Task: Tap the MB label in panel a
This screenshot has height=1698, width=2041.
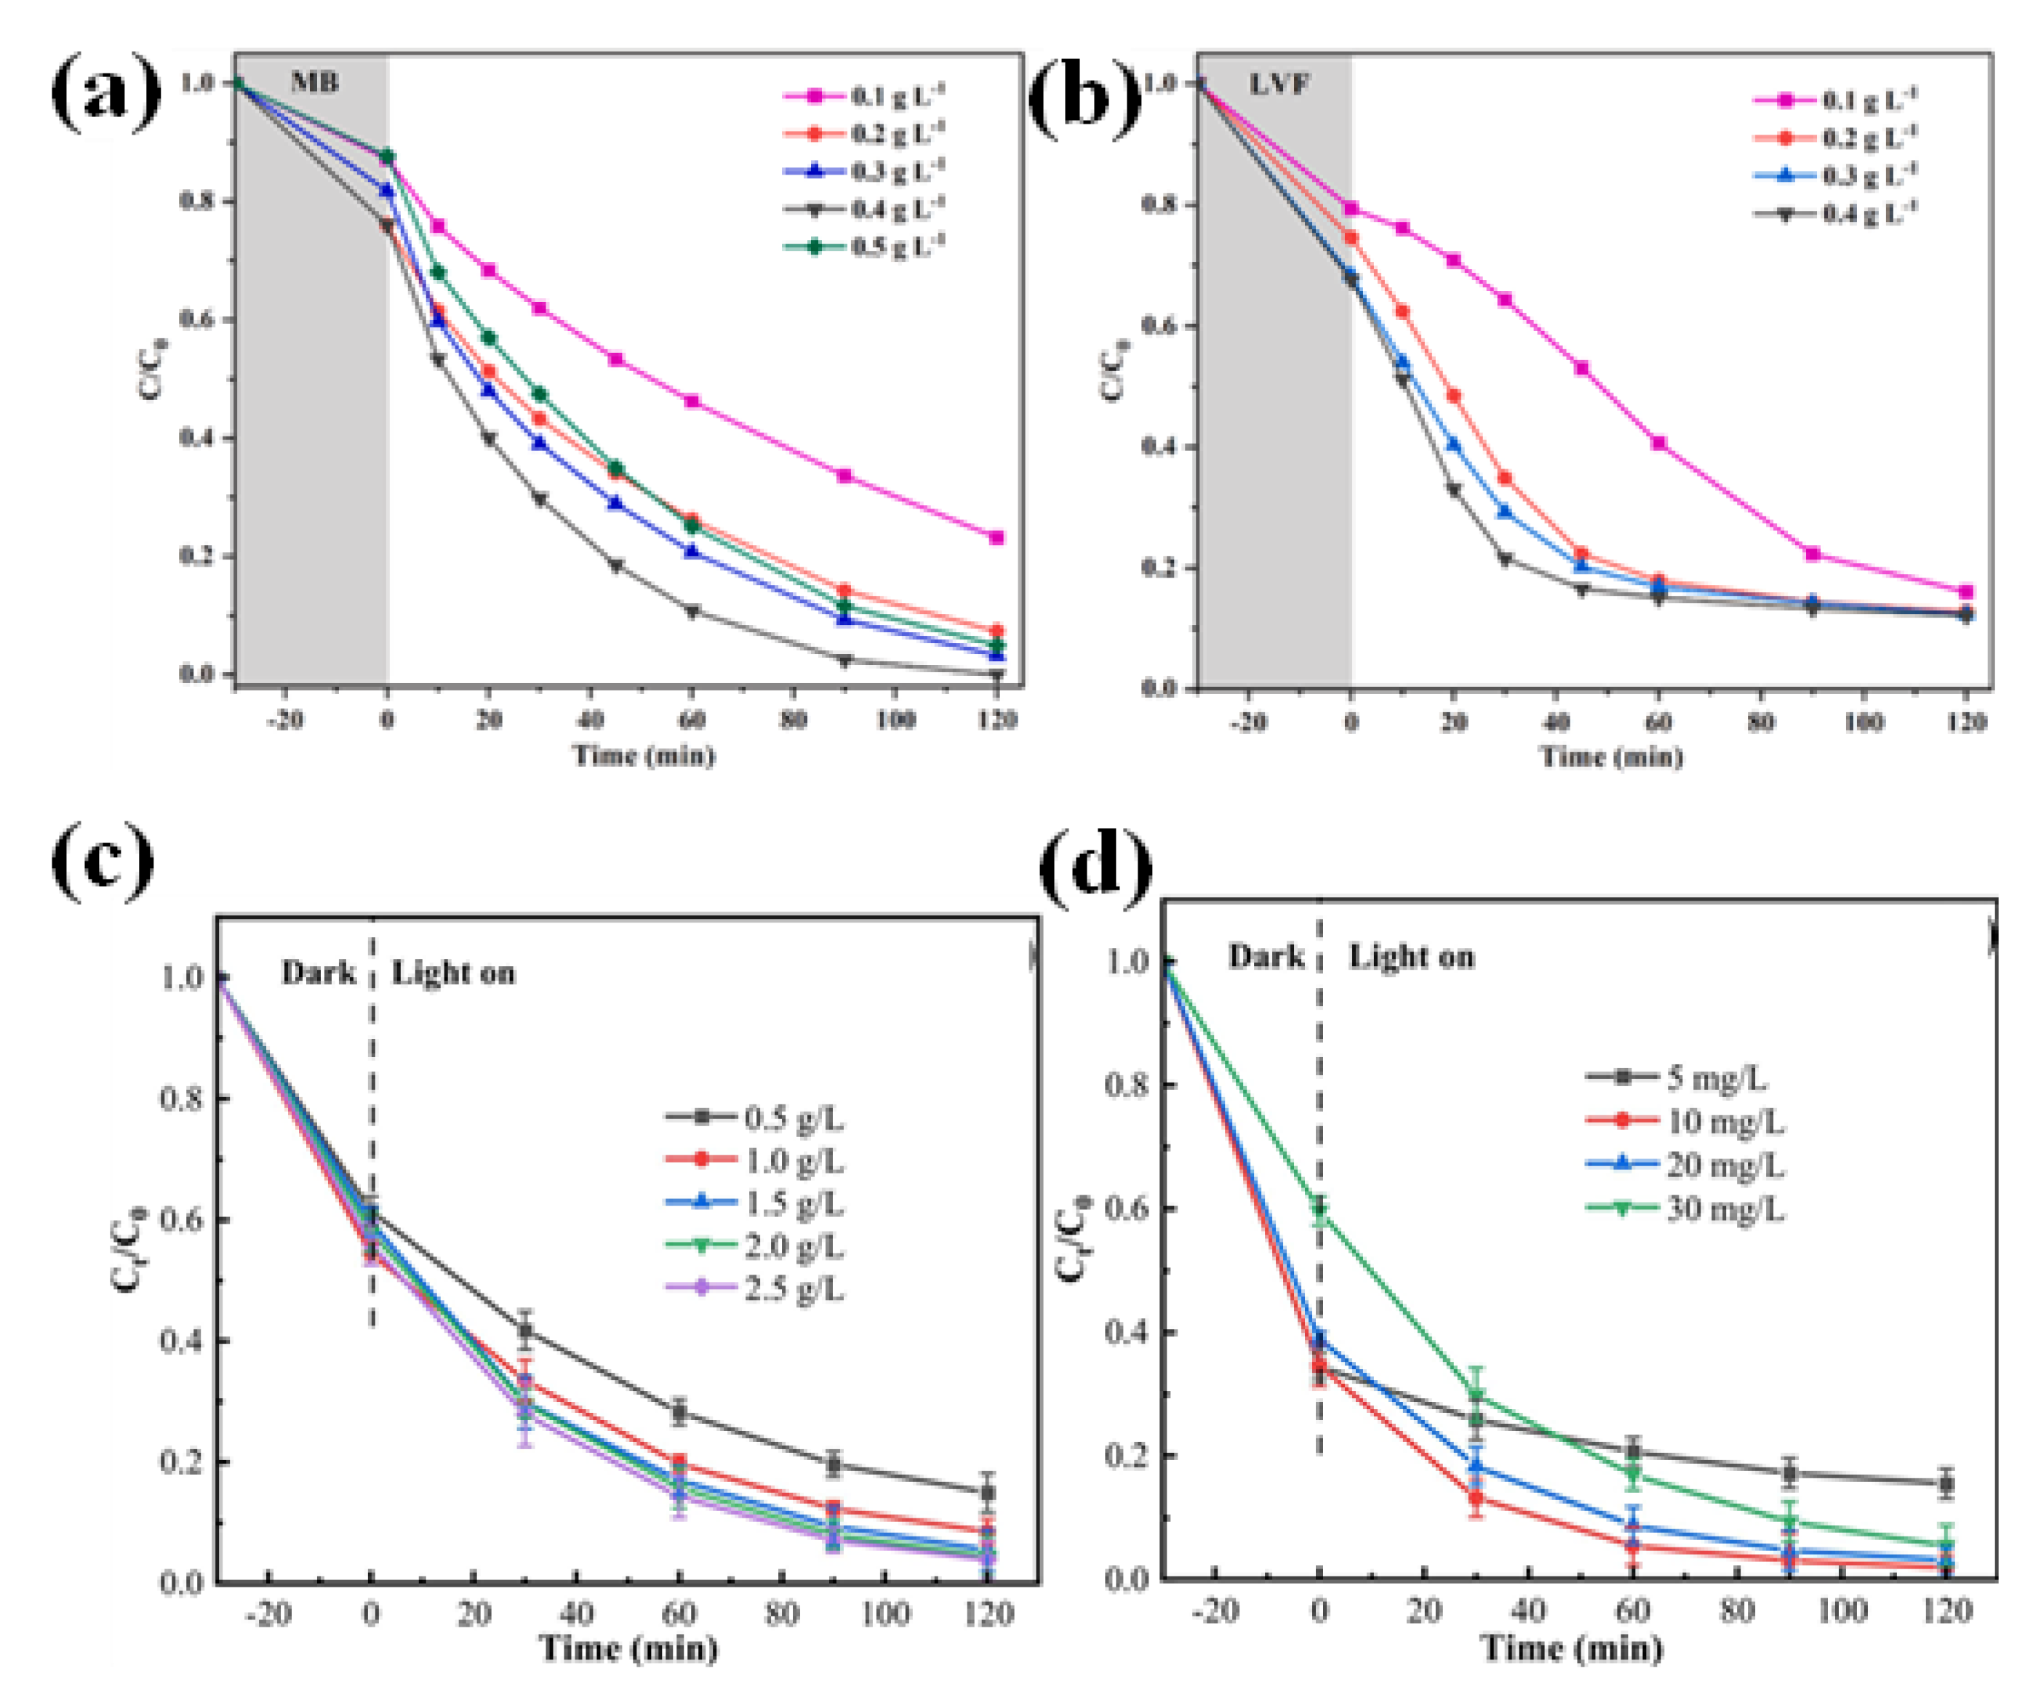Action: pos(315,83)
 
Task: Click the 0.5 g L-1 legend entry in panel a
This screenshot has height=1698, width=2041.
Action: pos(865,247)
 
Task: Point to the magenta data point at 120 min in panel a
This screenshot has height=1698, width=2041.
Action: pos(996,538)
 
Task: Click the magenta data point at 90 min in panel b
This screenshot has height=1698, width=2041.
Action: pos(1813,554)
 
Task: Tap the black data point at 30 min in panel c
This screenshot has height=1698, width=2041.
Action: pos(525,1331)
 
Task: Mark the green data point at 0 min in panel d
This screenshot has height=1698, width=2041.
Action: pos(1319,1208)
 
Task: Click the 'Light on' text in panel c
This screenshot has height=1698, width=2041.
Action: pos(453,973)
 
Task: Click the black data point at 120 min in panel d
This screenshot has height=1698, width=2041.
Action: pos(1946,1484)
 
